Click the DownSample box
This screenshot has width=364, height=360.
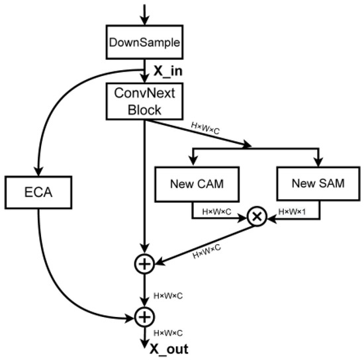click(x=144, y=44)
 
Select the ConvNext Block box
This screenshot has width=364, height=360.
click(x=144, y=101)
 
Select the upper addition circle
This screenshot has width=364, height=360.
click(x=144, y=263)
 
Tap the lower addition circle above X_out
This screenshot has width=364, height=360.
click(x=144, y=317)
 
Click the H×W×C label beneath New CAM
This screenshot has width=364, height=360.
click(x=216, y=211)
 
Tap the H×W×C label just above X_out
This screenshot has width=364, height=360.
click(x=167, y=333)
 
